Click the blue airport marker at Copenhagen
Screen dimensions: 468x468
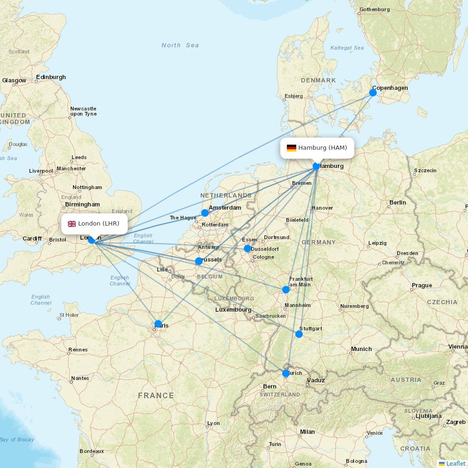pos(373,93)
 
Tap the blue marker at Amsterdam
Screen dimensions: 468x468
pos(205,213)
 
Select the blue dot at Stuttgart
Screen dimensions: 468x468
pos(299,334)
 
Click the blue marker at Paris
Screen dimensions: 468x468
pos(158,324)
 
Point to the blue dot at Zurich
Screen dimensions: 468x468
pos(286,373)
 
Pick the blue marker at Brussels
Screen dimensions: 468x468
pos(199,261)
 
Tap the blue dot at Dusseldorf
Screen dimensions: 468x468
pos(248,249)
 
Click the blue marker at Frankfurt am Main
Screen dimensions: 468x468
pos(286,290)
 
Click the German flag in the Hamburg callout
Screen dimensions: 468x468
pos(292,148)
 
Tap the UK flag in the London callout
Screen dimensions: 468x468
pos(72,224)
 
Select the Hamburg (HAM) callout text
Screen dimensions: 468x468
pos(322,148)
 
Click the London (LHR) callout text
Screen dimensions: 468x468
pos(98,224)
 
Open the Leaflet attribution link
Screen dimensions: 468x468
pos(455,463)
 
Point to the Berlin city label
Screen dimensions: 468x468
pos(397,203)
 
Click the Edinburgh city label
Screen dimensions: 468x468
pos(51,77)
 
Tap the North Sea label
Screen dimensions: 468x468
pos(180,45)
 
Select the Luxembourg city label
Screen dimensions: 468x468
pos(233,310)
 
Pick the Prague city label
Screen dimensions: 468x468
pos(422,285)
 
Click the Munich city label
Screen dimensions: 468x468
pos(361,349)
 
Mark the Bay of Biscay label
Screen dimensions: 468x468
pos(17,439)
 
